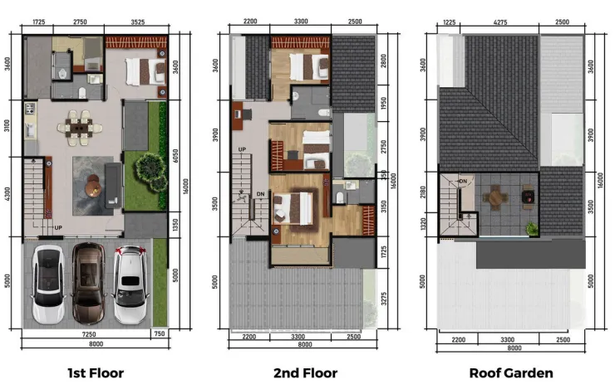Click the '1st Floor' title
96,373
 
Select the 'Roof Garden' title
510,373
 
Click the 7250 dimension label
80,333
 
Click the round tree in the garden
149,168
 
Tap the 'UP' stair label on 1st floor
58,226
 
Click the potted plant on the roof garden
531,226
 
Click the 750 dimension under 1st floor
159,333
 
